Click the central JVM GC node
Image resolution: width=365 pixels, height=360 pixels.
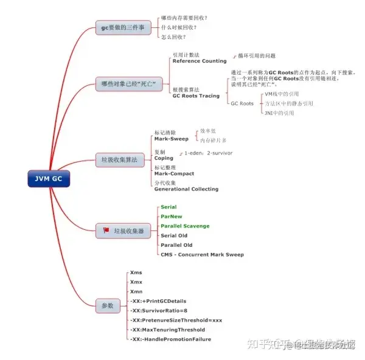click(49, 179)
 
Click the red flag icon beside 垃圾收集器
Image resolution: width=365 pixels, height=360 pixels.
click(106, 231)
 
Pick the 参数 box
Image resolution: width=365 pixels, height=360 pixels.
click(108, 305)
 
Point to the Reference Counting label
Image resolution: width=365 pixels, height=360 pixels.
click(200, 61)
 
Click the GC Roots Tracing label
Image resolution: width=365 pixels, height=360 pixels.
click(196, 95)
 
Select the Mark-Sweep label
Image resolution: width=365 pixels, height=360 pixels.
click(171, 139)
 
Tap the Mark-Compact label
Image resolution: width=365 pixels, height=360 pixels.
click(174, 173)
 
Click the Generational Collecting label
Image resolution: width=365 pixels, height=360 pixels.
click(186, 189)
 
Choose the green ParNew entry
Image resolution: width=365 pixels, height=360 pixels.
click(171, 216)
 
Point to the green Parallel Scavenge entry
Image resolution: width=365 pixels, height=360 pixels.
click(184, 226)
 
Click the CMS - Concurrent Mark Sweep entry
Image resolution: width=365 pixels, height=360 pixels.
click(202, 254)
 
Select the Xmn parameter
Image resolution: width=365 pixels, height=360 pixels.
click(137, 292)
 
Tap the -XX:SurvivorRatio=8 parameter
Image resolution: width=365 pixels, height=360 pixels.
click(158, 311)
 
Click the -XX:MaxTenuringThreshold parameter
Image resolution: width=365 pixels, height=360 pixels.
click(167, 330)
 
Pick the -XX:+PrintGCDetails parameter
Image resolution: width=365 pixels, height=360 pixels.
click(158, 301)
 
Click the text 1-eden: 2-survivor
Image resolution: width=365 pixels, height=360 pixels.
click(208, 153)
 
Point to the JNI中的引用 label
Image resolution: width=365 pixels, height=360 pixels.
click(279, 112)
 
